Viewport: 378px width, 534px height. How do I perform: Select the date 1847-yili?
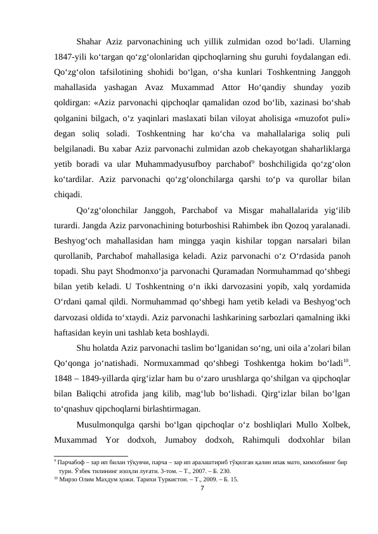click(71, 57)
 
